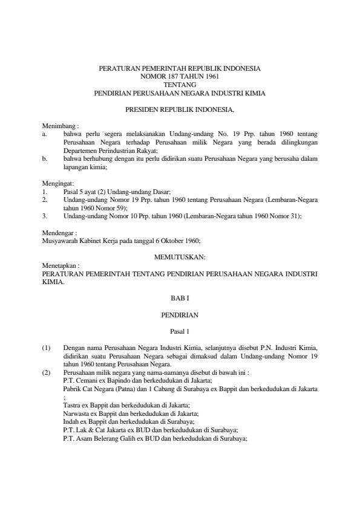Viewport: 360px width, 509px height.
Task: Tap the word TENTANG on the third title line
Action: (180, 85)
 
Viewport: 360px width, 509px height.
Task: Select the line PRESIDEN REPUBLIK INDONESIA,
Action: (180, 111)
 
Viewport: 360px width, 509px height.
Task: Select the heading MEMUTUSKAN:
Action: (180, 257)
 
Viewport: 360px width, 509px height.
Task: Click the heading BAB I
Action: (180, 298)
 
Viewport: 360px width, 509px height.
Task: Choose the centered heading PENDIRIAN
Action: (180, 315)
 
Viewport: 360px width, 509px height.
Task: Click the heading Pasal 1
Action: (180, 331)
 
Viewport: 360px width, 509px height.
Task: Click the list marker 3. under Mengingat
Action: (45, 215)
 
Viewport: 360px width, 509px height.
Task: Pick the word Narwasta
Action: (76, 413)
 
